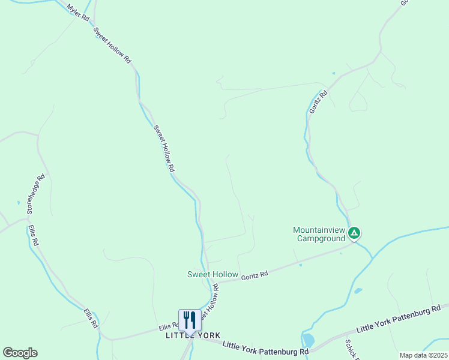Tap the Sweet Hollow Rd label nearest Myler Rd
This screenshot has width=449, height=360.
(112, 44)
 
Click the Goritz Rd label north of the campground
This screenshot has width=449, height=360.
(319, 101)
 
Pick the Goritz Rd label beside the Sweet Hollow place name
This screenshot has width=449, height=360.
(255, 275)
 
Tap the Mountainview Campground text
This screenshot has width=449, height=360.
(320, 233)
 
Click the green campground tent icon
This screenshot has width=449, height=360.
(355, 233)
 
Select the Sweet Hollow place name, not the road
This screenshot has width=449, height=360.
(212, 274)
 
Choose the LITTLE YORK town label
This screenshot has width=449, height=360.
(193, 335)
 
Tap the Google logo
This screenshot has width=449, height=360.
(20, 353)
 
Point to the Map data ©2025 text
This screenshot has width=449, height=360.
(423, 355)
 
